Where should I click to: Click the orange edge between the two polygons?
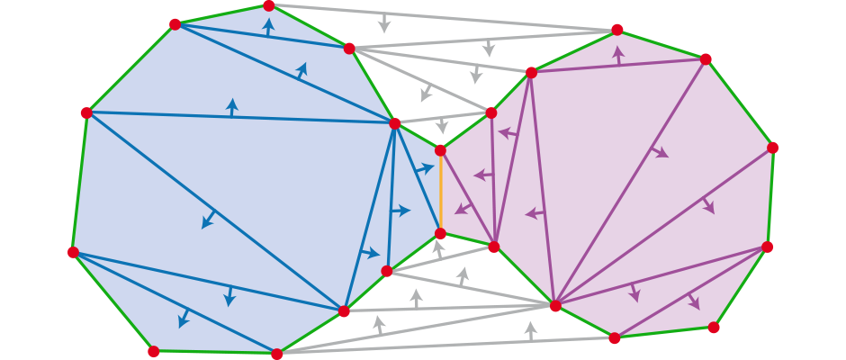(x=440, y=192)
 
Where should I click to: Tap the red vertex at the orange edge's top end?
(x=440, y=150)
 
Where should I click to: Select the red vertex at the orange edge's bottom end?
(x=440, y=234)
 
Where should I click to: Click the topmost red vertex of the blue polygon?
(x=268, y=5)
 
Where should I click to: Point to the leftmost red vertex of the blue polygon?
(x=73, y=252)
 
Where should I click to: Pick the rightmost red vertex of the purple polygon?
(x=772, y=148)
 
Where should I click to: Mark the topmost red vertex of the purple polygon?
(x=617, y=30)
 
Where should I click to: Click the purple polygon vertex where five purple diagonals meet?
(x=555, y=306)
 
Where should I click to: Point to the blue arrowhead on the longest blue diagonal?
(x=209, y=220)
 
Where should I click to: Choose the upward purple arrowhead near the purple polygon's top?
(x=618, y=54)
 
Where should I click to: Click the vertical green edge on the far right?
(x=769, y=197)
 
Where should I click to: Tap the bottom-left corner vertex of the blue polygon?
(x=154, y=351)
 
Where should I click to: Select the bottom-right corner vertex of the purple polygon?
(x=714, y=328)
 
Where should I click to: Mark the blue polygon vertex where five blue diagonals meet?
(x=394, y=123)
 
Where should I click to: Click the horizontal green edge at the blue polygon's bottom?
(x=215, y=353)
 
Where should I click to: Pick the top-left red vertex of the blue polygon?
(x=175, y=24)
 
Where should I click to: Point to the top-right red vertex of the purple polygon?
(x=706, y=59)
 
